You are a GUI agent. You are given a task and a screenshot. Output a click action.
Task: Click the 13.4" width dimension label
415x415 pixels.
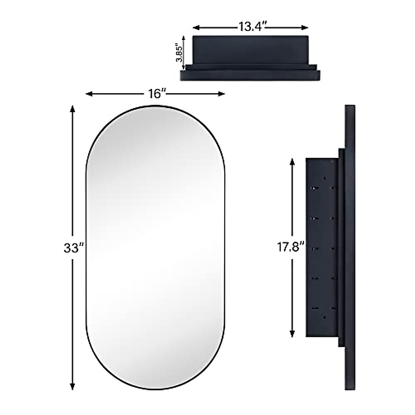click(251, 27)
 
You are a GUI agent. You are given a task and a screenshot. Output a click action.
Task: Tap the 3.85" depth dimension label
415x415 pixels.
click(179, 52)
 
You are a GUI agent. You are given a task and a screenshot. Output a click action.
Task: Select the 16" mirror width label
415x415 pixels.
click(156, 94)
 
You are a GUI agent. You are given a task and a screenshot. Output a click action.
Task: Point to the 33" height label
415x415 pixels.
click(73, 248)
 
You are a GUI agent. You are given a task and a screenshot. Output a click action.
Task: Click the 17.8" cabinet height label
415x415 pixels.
click(290, 247)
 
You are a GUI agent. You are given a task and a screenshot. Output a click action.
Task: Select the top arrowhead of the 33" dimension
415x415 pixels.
click(72, 109)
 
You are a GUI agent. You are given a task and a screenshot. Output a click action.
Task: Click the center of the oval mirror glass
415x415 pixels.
click(155, 247)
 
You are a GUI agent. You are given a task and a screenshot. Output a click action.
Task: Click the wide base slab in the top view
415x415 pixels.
click(250, 75)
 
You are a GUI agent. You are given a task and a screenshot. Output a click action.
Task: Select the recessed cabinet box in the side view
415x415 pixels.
click(322, 247)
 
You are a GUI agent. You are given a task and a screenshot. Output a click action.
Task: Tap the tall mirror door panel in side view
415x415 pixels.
click(350, 247)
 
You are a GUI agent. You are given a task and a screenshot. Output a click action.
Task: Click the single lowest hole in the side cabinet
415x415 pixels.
click(324, 317)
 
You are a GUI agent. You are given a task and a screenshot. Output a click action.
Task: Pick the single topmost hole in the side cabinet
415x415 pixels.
click(324, 178)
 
